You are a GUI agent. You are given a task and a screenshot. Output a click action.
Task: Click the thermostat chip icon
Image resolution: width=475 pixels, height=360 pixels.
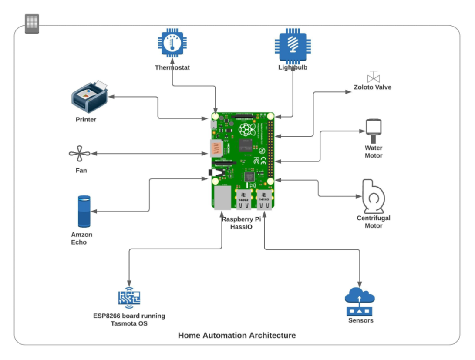click(172, 44)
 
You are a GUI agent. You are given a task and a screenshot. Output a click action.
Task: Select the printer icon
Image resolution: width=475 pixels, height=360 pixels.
click(90, 97)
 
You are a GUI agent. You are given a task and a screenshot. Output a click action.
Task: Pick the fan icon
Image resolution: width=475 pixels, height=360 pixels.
click(80, 154)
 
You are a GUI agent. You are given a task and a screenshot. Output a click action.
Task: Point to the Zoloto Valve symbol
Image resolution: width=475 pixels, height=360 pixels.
click(373, 77)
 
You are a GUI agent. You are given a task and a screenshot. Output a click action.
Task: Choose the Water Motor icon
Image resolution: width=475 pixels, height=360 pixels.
click(373, 127)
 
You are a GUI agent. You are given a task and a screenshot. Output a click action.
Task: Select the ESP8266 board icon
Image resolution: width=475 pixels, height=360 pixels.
click(129, 298)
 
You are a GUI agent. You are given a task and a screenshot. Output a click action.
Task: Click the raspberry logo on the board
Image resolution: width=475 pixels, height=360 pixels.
click(247, 129)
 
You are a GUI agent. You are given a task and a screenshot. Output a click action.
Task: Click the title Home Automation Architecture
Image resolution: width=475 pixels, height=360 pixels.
click(237, 335)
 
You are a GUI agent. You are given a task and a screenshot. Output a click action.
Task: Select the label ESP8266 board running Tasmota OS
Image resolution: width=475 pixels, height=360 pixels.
click(129, 320)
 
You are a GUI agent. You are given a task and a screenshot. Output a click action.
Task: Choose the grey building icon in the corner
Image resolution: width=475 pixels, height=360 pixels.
click(32, 23)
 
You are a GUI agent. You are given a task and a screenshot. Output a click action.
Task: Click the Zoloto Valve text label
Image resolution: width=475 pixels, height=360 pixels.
click(372, 87)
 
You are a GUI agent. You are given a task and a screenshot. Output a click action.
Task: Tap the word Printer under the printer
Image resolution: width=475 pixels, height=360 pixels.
click(86, 119)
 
